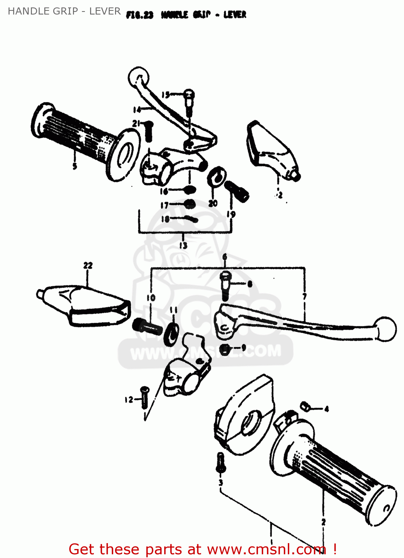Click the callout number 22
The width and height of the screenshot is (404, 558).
(x=88, y=265)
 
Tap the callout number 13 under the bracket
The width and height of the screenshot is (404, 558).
(x=183, y=245)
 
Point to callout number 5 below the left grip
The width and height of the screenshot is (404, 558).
(x=75, y=166)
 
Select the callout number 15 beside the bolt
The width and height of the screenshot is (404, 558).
(x=166, y=95)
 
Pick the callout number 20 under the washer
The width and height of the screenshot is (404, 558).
(x=213, y=203)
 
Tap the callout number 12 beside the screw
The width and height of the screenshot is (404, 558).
(x=129, y=400)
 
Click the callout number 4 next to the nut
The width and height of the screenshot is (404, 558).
(x=327, y=409)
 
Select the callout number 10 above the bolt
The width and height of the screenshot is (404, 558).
(x=151, y=298)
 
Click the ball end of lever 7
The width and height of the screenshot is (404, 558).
(x=386, y=329)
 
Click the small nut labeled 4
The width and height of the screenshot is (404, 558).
(x=305, y=407)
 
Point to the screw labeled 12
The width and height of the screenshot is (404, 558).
(x=144, y=397)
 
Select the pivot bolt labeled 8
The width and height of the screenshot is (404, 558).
(x=226, y=285)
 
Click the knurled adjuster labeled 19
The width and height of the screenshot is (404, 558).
(x=237, y=191)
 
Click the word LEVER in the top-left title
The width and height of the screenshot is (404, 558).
(x=105, y=11)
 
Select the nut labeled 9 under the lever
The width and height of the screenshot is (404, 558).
(x=225, y=349)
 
